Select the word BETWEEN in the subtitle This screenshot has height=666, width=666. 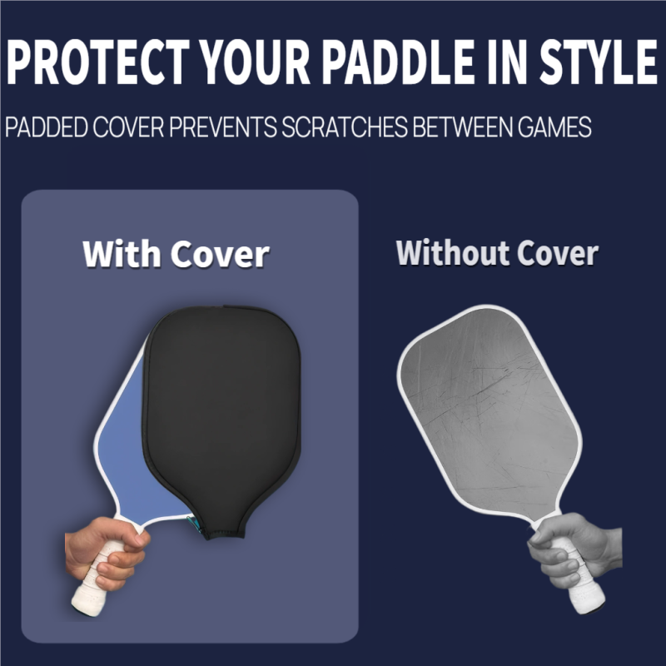coord(453,129)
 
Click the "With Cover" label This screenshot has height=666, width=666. coord(176,253)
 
